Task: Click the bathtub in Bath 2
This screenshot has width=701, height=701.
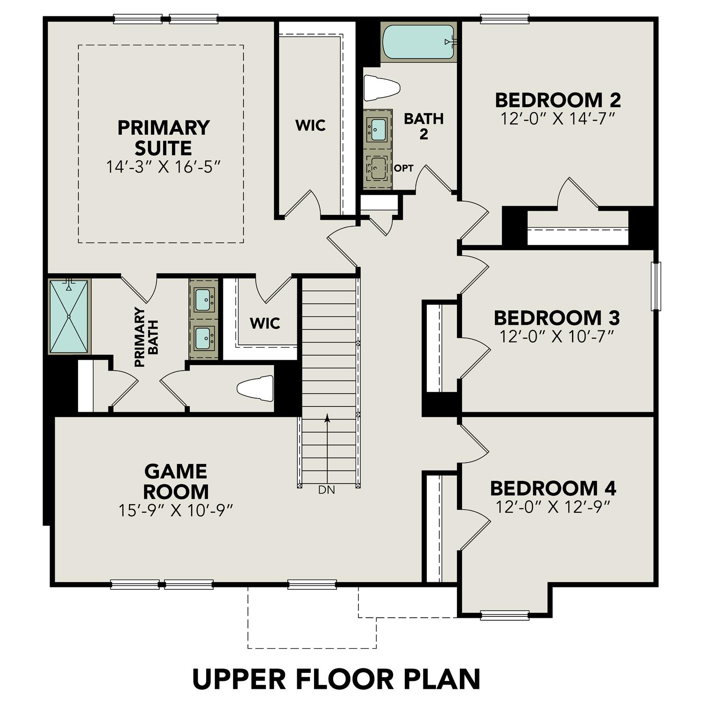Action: point(418,42)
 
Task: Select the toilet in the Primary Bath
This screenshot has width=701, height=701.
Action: point(255,388)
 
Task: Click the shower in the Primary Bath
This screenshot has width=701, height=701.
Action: point(69,316)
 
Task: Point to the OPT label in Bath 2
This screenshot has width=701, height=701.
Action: point(403,168)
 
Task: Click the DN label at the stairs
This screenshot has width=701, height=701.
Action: point(327,490)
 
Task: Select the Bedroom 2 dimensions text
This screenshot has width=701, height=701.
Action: point(557,119)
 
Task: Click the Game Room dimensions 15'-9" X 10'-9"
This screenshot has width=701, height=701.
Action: point(176,510)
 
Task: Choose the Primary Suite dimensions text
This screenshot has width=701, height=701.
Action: point(163,167)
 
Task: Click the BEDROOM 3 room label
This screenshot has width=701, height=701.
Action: point(557,318)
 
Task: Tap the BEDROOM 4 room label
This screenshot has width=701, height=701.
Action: point(553,488)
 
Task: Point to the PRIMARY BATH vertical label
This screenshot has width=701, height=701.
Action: point(146,337)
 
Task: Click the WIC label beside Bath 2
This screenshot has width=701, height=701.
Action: point(310,126)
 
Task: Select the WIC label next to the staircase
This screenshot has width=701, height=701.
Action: point(265,323)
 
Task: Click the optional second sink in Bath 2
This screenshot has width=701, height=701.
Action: point(377,169)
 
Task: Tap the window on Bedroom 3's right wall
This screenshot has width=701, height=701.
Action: point(657,286)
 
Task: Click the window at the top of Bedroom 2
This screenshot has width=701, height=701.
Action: point(505,19)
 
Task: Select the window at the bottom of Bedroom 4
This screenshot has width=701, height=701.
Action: point(505,615)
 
